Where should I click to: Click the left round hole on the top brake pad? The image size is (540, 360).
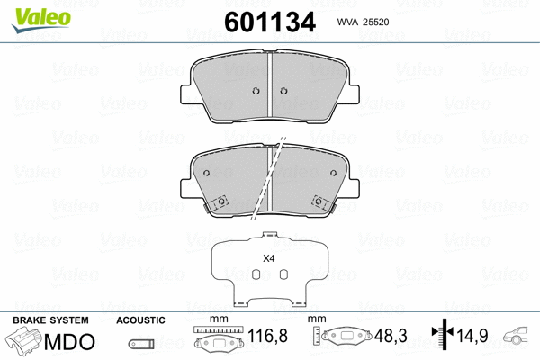[x=256, y=91]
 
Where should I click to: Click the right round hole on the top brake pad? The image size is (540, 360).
[x=283, y=91]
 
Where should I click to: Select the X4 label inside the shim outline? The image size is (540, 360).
[x=267, y=259]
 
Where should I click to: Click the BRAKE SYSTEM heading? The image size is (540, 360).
[x=49, y=320]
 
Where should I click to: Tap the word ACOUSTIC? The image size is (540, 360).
[x=140, y=320]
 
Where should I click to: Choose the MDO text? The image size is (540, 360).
[x=69, y=342]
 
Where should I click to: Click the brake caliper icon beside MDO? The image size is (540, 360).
[x=26, y=343]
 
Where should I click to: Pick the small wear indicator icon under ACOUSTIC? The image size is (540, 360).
[x=140, y=343]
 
